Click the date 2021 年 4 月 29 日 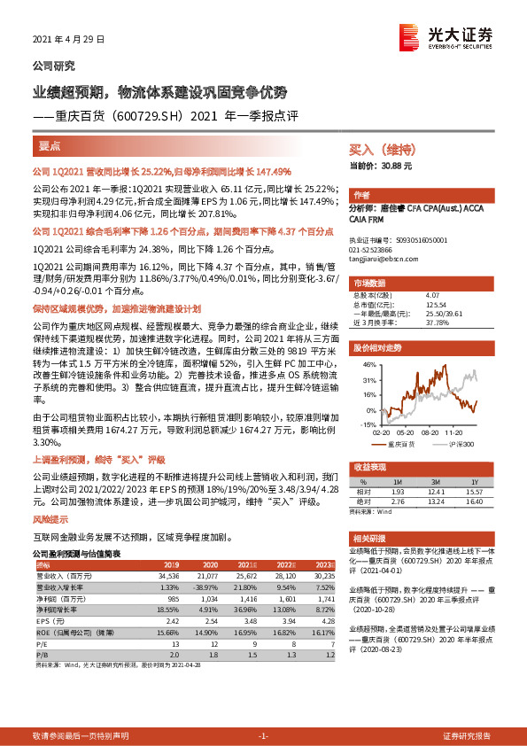pos(68,40)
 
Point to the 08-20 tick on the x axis pos(431,432)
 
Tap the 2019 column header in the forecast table pos(170,564)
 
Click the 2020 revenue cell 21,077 pos(208,575)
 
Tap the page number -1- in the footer pos(263,736)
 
